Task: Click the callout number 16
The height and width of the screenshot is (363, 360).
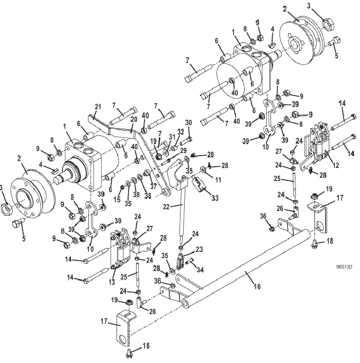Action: [x=257, y=286]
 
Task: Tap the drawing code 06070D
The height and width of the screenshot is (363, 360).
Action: [x=344, y=267]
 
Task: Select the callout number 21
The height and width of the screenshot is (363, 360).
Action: [x=98, y=107]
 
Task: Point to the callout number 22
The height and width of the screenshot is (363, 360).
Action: [x=166, y=207]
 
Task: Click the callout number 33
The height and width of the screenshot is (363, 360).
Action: [x=215, y=198]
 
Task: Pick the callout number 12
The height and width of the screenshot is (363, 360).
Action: [x=336, y=165]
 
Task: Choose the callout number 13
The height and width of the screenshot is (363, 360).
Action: [x=112, y=282]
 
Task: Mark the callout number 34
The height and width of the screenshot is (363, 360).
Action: [x=200, y=269]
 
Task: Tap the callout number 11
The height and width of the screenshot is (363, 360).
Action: [x=218, y=179]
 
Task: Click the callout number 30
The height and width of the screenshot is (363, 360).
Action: [x=189, y=123]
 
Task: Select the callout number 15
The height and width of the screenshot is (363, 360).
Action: [x=117, y=199]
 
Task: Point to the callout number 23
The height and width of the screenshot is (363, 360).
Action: [x=199, y=249]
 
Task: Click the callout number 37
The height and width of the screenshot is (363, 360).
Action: [x=154, y=186]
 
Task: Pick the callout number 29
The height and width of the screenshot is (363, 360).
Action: [x=183, y=151]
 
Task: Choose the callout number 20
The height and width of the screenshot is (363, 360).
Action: [x=133, y=120]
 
